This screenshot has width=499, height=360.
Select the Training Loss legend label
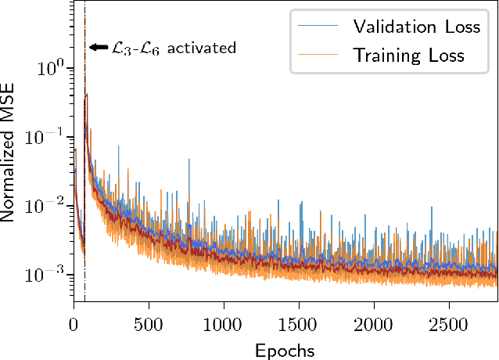(x=408, y=55)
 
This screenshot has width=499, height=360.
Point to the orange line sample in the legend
(x=318, y=55)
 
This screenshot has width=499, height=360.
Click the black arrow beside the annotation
(x=99, y=48)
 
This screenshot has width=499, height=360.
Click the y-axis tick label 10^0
(x=50, y=67)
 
